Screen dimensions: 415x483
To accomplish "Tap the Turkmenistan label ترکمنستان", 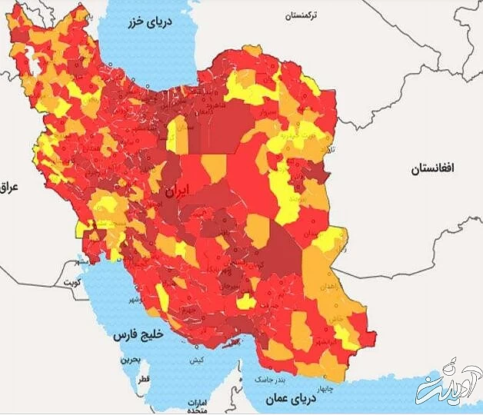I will coord(305,15).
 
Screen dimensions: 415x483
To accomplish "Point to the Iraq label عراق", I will coord(9,187).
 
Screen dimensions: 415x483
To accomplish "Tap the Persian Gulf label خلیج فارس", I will coord(132,336).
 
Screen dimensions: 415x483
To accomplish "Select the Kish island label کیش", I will coord(198,360).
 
